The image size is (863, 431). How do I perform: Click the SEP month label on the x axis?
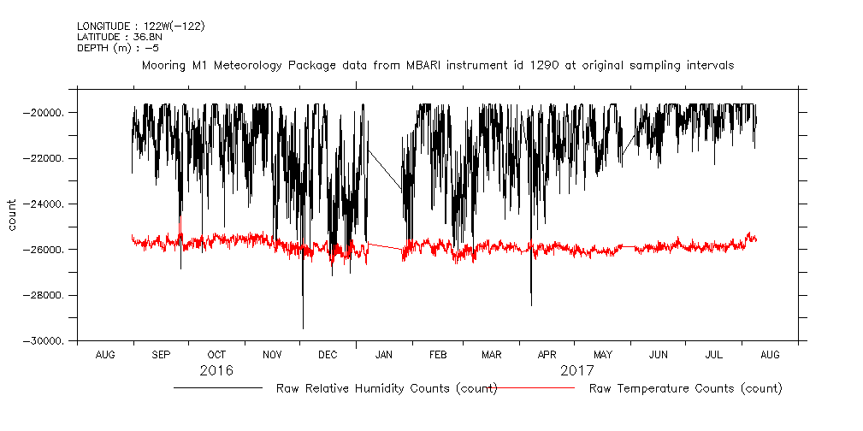(161, 354)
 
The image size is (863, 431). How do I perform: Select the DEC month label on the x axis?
(328, 354)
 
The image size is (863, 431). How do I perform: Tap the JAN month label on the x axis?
(384, 354)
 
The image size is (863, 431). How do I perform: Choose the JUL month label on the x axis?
(714, 354)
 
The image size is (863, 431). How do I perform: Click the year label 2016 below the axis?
(216, 371)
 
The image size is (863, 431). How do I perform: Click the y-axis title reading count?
(13, 215)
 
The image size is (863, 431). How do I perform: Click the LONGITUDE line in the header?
(140, 27)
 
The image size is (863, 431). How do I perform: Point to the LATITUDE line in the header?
(117, 37)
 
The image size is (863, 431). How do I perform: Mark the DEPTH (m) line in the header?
(117, 48)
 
